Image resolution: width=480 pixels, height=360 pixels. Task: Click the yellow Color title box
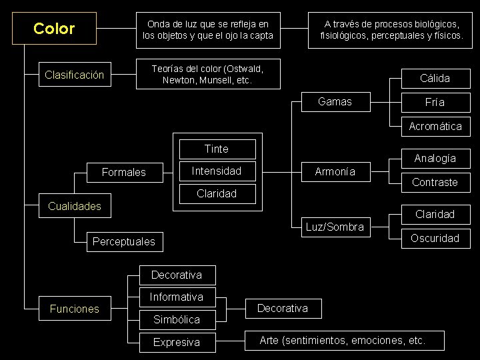pyautogui.click(x=54, y=29)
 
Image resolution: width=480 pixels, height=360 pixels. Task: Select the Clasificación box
pyautogui.click(x=74, y=75)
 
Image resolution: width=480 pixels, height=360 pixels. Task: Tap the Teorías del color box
pyautogui.click(x=207, y=75)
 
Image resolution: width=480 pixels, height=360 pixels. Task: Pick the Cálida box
pyautogui.click(x=435, y=78)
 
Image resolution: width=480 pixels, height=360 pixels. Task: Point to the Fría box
pyautogui.click(x=435, y=103)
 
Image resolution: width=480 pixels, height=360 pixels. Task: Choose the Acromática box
pyautogui.click(x=435, y=126)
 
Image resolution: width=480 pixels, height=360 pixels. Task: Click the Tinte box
pyautogui.click(x=216, y=149)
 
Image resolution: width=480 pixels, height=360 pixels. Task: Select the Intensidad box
pyautogui.click(x=216, y=171)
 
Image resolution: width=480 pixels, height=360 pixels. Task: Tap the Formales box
pyautogui.click(x=123, y=172)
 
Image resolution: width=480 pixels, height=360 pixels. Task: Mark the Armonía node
pyautogui.click(x=335, y=171)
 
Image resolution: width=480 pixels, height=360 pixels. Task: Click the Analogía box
pyautogui.click(x=435, y=158)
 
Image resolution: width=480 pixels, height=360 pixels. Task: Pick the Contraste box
pyautogui.click(x=435, y=182)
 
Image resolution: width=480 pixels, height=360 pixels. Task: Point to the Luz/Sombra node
pyautogui.click(x=335, y=227)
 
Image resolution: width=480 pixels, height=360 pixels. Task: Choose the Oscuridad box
pyautogui.click(x=435, y=238)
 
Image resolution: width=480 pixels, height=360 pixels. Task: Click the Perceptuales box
pyautogui.click(x=123, y=241)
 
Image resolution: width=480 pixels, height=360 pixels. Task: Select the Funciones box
pyautogui.click(x=74, y=309)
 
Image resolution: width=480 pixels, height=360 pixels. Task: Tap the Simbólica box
pyautogui.click(x=177, y=319)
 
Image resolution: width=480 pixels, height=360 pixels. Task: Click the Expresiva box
pyautogui.click(x=177, y=342)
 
